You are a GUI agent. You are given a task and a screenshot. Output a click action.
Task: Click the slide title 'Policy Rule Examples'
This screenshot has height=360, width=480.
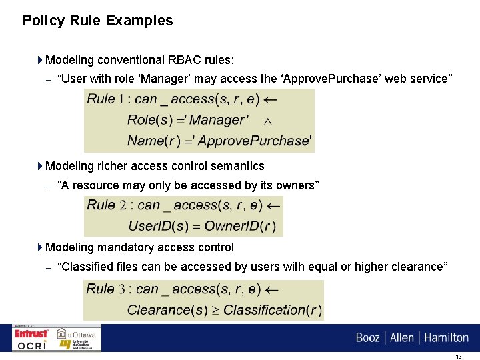(97, 21)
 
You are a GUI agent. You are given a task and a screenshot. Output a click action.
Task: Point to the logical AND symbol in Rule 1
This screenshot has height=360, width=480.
(268, 121)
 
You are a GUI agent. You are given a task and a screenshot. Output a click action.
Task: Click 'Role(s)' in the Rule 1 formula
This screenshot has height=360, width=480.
(150, 121)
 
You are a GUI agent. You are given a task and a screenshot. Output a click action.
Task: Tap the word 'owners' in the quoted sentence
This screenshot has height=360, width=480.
(294, 185)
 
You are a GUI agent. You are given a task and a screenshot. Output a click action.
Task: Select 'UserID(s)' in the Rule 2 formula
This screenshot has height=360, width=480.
(156, 226)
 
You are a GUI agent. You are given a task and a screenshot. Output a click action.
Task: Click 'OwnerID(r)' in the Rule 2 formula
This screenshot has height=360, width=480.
(241, 226)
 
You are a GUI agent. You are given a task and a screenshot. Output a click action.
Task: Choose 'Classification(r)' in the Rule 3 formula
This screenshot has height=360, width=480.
(273, 310)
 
